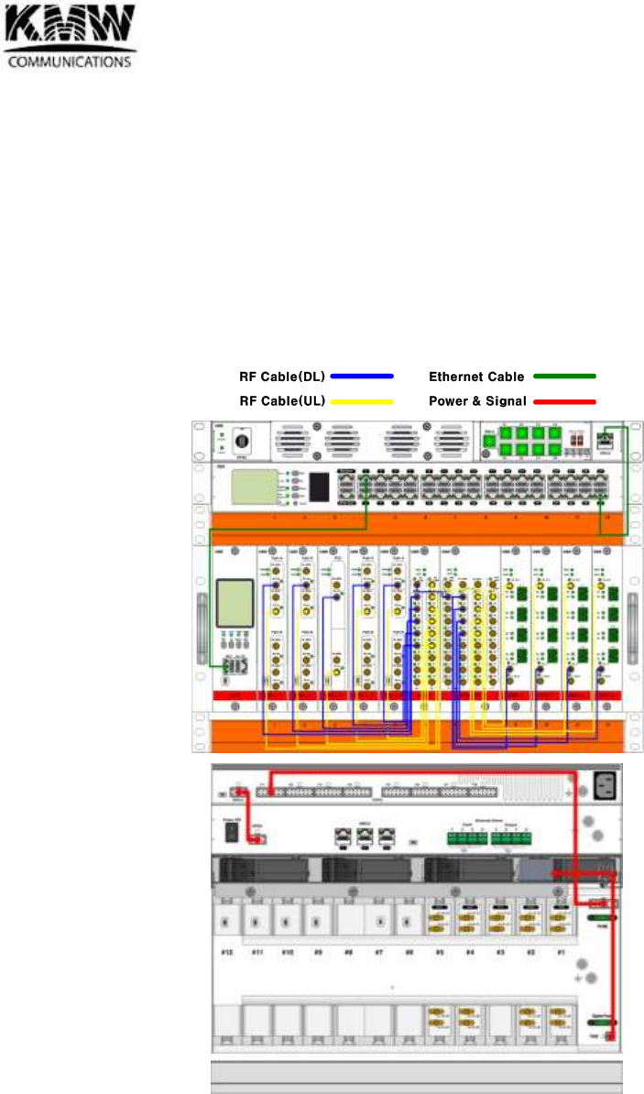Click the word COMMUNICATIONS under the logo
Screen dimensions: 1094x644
71,62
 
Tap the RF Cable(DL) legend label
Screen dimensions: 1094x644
282,377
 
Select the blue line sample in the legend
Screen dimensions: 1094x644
362,377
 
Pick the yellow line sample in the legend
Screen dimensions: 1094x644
362,401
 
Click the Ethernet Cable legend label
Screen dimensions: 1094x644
476,377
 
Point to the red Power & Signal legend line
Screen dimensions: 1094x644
564,401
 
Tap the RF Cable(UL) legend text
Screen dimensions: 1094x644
282,401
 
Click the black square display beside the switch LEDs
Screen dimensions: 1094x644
319,487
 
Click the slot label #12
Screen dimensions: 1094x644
228,953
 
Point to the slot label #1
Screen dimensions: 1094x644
560,953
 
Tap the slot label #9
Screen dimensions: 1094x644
319,953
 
